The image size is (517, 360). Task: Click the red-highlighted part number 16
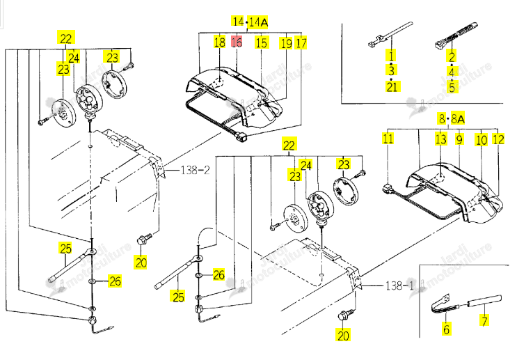pyautogui.click(x=237, y=42)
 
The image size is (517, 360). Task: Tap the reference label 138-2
pyautogui.click(x=196, y=171)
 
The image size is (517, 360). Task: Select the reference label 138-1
pyautogui.click(x=399, y=285)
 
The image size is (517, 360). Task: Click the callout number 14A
pyautogui.click(x=258, y=22)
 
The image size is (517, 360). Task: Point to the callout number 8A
pyautogui.click(x=458, y=118)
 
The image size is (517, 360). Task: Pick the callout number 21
pyautogui.click(x=392, y=87)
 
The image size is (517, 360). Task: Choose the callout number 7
pyautogui.click(x=484, y=320)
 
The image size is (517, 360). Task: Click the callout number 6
pyautogui.click(x=446, y=329)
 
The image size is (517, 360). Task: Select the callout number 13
pyautogui.click(x=441, y=139)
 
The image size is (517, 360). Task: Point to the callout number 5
pyautogui.click(x=452, y=88)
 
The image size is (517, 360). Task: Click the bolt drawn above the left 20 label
pyautogui.click(x=144, y=240)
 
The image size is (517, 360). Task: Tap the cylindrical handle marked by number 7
pyautogui.click(x=484, y=301)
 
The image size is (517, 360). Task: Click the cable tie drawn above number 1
pyautogui.click(x=390, y=34)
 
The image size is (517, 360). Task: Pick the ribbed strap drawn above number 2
pyautogui.click(x=456, y=36)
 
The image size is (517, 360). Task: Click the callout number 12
pyautogui.click(x=498, y=139)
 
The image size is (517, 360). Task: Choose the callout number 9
pyautogui.click(x=459, y=139)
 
